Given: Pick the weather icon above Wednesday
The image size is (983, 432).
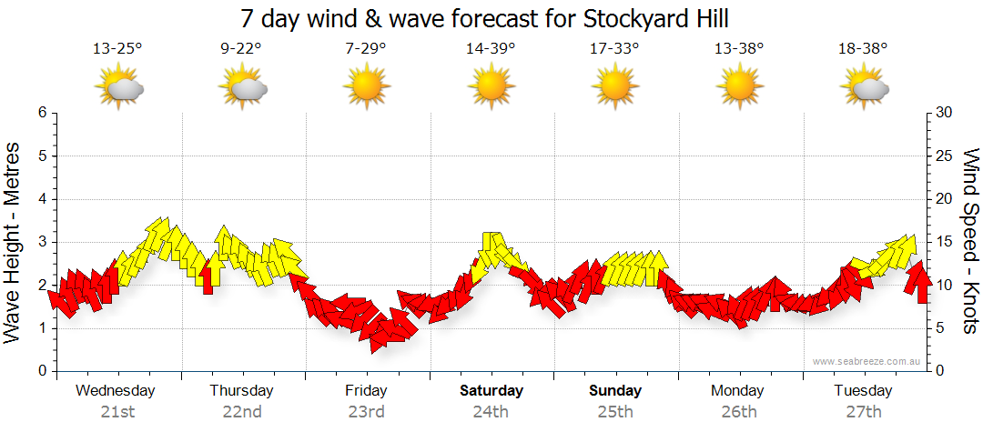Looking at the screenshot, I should click(119, 88).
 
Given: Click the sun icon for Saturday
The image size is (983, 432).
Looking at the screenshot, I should click(491, 88).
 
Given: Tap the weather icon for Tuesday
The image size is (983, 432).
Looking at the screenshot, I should click(865, 88).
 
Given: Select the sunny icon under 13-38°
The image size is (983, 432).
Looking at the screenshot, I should click(739, 88).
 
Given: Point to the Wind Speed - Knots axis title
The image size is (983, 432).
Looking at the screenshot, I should click(970, 241).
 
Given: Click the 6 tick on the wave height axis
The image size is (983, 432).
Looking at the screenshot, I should click(41, 113).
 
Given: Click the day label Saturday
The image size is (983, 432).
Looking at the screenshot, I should click(491, 391).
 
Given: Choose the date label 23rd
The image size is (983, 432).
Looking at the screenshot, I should click(366, 411).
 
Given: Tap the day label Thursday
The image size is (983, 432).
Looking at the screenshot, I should click(241, 391).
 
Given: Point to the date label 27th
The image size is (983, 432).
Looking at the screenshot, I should click(864, 411).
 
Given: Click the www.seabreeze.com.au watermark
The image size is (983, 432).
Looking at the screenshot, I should click(866, 361).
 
